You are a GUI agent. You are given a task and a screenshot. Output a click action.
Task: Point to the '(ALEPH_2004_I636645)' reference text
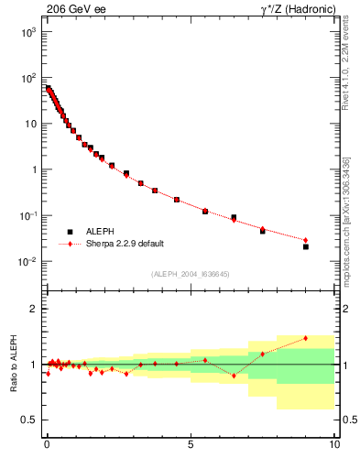pyautogui.click(x=191, y=273)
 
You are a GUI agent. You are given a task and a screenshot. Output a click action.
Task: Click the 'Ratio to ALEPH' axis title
pyautogui.click(x=13, y=364)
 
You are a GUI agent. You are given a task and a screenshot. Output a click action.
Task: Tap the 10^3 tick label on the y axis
pyautogui.click(x=28, y=31)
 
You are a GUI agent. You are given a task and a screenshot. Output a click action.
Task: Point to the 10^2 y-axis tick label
pyautogui.click(x=28, y=77)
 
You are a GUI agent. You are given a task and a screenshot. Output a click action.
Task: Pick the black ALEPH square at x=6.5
pyautogui.click(x=234, y=218)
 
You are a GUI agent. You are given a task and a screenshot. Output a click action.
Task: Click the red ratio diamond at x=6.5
pyautogui.click(x=234, y=376)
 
